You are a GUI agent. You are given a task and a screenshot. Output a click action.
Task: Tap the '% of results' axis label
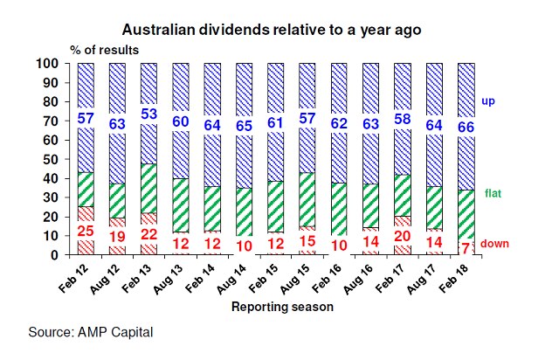point(105,50)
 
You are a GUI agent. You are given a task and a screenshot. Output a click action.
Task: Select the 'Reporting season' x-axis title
point(282,307)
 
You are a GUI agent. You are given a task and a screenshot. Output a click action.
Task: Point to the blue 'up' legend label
point(488,101)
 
